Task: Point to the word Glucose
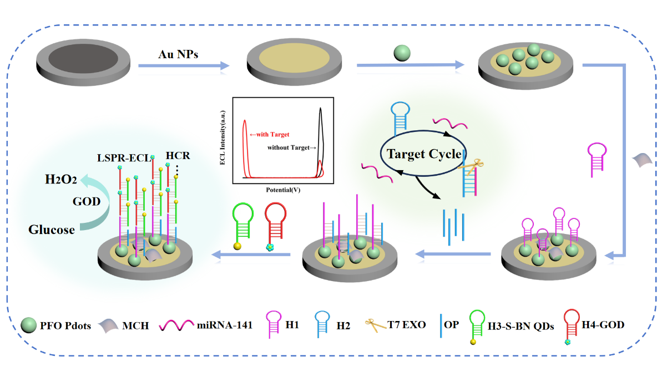tap(52, 229)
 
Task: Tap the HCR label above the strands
tap(178, 156)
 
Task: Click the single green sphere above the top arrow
tap(402, 53)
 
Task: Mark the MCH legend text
tap(136, 326)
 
